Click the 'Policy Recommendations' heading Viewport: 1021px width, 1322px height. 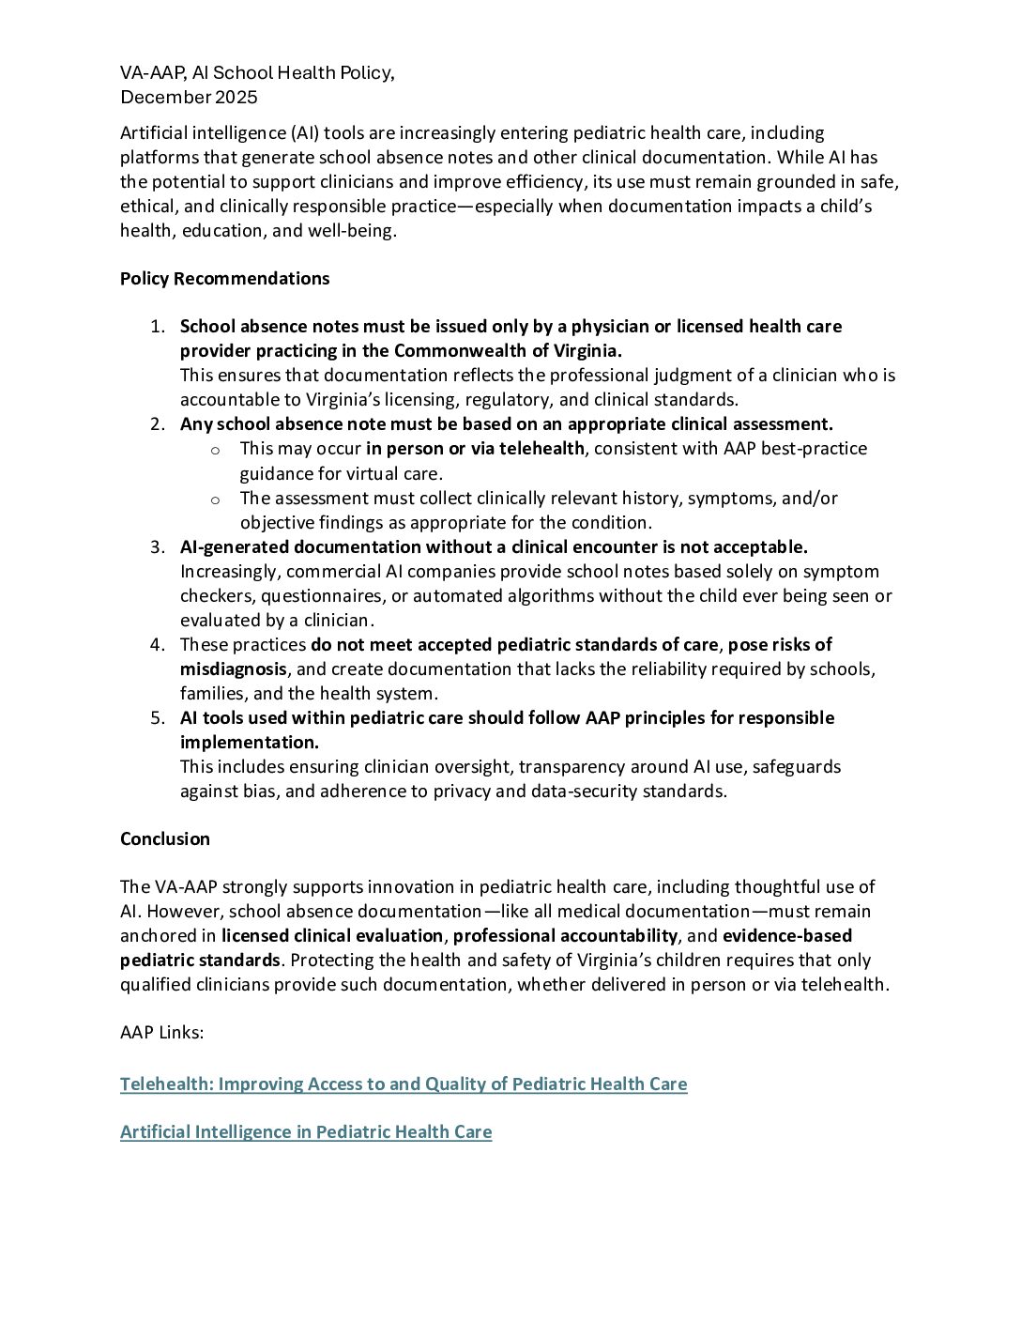(x=224, y=279)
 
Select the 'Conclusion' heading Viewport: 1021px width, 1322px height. (x=165, y=839)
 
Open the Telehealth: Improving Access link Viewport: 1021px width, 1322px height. (x=404, y=1084)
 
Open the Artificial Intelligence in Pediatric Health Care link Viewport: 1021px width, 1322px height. (x=306, y=1132)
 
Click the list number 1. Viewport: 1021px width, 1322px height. (x=157, y=327)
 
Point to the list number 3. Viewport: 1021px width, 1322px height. (x=157, y=547)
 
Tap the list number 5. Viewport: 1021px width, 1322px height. (x=157, y=718)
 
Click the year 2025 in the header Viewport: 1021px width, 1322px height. (x=236, y=98)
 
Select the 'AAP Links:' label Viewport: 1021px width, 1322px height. (x=161, y=1033)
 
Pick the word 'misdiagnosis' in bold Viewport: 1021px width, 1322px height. (x=234, y=669)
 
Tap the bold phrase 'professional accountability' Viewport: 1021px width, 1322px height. (x=565, y=936)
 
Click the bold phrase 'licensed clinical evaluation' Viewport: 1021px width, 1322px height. (x=332, y=936)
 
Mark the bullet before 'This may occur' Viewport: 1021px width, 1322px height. (x=215, y=450)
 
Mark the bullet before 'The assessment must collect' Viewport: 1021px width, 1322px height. (x=215, y=500)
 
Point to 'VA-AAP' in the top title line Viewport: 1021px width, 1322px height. (x=150, y=73)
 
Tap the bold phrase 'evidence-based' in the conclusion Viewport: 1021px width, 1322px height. (x=787, y=936)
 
